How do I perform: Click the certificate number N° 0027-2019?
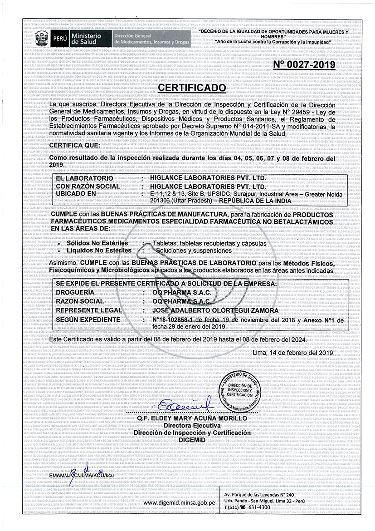click(304, 65)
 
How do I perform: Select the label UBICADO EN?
click(76, 194)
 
